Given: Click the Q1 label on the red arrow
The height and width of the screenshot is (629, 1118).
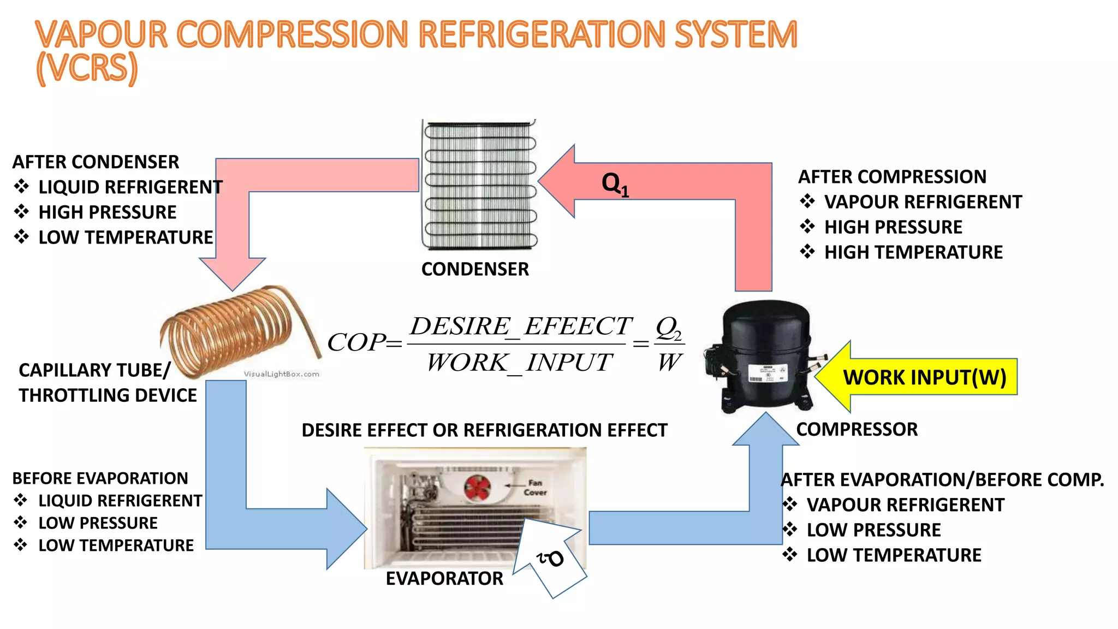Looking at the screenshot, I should click(x=615, y=183).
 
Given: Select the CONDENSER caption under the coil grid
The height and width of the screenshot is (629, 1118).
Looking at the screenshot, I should click(x=475, y=269).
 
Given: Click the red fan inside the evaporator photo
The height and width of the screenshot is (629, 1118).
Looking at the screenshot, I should click(x=478, y=488).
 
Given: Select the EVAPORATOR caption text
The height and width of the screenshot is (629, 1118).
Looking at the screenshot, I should click(x=444, y=579).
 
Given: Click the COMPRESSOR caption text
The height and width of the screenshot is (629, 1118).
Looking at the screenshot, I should click(x=857, y=429).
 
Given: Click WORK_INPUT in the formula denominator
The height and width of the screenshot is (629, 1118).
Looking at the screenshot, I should click(x=519, y=363).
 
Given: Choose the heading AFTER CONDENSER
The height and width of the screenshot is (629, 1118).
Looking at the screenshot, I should click(x=96, y=162).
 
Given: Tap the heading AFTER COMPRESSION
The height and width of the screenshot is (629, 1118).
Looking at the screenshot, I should click(x=892, y=177).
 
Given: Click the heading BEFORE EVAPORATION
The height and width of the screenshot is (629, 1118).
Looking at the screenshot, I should click(x=100, y=478).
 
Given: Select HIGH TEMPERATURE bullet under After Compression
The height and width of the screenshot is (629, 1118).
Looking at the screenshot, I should click(x=913, y=252).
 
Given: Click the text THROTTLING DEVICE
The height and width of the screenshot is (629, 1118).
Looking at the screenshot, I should click(x=108, y=395).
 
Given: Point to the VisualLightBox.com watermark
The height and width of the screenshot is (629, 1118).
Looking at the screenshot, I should click(x=281, y=374).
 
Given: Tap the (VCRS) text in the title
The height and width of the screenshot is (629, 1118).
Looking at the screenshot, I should click(x=87, y=68).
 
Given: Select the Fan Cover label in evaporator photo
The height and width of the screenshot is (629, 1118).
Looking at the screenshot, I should click(x=534, y=488).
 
